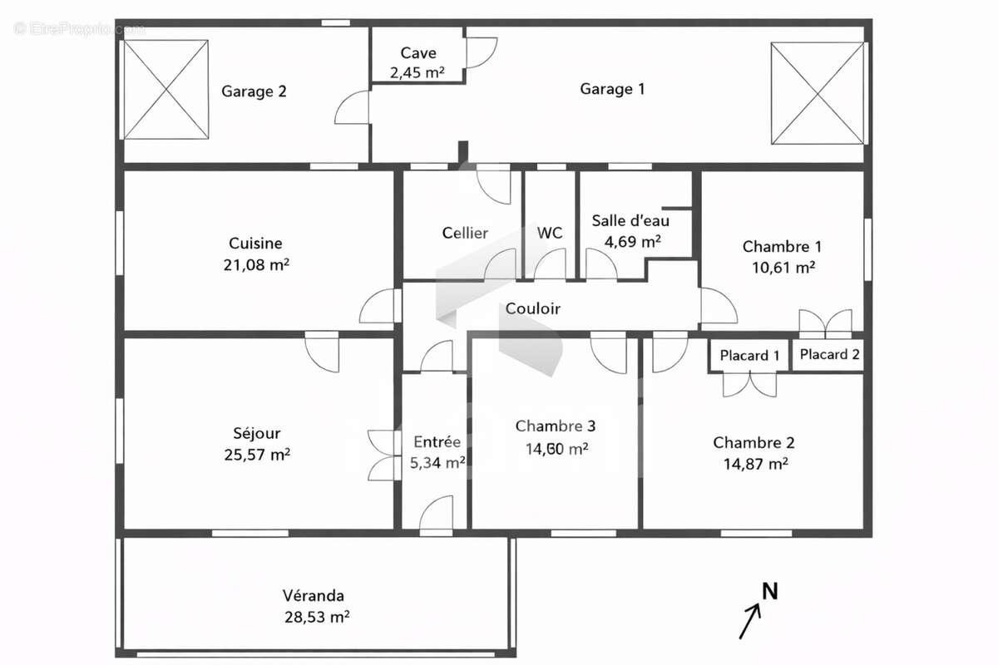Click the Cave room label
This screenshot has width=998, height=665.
(417, 54)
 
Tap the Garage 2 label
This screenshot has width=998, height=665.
(254, 91)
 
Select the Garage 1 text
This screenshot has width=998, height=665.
(612, 89)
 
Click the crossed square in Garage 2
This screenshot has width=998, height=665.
(166, 90)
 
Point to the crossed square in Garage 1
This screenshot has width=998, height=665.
(818, 92)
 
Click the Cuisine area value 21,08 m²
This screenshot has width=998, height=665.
(256, 264)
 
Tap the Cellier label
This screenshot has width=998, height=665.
(465, 233)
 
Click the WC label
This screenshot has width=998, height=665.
(550, 233)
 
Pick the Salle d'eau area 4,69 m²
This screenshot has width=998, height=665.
(632, 241)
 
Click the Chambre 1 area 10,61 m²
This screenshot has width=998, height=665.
(782, 267)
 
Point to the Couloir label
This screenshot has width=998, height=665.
(533, 308)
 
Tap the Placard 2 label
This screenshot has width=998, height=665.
(829, 354)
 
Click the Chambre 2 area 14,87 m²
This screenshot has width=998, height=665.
(755, 464)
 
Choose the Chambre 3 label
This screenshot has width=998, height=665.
(555, 426)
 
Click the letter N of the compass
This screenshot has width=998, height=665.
(771, 591)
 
